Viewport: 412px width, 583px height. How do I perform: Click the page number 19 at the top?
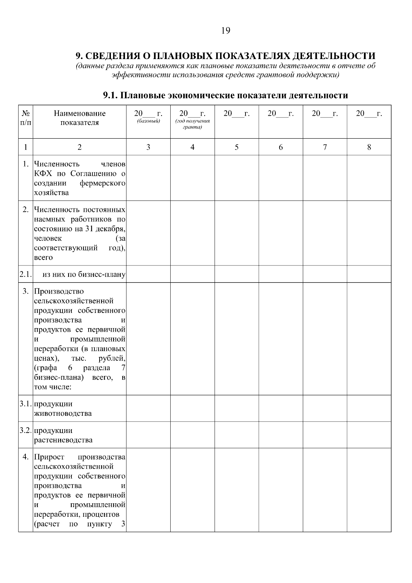click(226, 31)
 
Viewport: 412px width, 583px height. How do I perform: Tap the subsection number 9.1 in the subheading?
click(111, 95)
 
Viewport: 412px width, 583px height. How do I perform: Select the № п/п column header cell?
click(25, 118)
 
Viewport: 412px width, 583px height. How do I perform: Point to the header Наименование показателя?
click(80, 118)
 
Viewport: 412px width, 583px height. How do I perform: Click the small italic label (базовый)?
click(148, 121)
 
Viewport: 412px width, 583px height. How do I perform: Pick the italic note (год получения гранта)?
click(193, 124)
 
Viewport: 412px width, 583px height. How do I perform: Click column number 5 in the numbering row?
click(237, 147)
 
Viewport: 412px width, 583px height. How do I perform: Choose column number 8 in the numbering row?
click(369, 147)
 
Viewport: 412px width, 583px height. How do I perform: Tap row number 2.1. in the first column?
click(26, 274)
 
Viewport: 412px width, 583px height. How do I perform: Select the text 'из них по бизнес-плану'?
click(84, 274)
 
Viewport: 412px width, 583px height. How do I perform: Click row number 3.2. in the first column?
click(26, 430)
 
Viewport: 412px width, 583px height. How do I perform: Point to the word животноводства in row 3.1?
click(63, 413)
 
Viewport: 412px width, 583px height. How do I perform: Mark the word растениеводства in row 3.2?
click(63, 440)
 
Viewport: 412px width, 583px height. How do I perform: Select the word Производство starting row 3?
click(59, 291)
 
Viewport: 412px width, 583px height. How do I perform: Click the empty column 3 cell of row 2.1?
click(148, 274)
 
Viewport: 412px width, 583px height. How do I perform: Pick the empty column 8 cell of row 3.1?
click(369, 408)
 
